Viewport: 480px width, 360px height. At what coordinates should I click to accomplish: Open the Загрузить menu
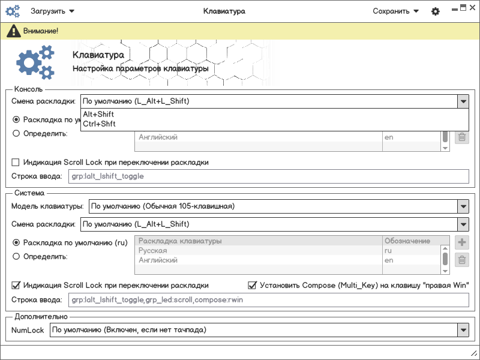tap(52, 11)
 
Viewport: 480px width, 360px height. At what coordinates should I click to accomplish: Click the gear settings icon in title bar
tap(436, 11)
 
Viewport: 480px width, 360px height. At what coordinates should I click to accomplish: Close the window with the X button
tap(472, 8)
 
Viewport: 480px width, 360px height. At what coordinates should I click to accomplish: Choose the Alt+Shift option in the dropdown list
tap(99, 115)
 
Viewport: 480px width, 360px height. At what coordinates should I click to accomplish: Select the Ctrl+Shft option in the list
tap(100, 124)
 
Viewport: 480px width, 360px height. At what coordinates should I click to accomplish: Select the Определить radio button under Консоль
tap(16, 133)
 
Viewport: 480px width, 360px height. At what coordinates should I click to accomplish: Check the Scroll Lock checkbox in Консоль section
tap(16, 162)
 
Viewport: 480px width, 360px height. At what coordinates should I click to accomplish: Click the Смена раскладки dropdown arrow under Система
tap(463, 225)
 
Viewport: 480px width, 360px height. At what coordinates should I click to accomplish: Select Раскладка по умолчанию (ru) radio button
tap(16, 243)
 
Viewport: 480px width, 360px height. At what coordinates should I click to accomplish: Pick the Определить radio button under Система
tap(16, 257)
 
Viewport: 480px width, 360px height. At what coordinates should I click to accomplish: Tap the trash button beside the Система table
tap(462, 260)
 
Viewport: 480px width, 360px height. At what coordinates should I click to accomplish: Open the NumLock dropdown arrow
tap(463, 330)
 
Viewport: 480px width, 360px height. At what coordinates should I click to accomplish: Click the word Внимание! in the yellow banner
tap(40, 30)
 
